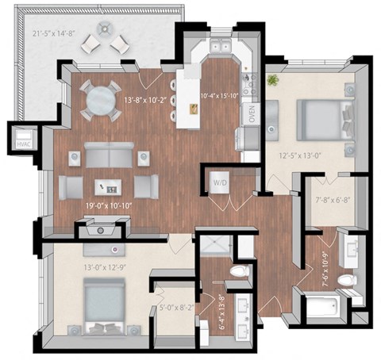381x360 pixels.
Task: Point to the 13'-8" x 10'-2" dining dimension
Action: pyautogui.click(x=144, y=100)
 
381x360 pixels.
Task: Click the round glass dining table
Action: pyautogui.click(x=102, y=101)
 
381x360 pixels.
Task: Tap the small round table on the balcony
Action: pyautogui.click(x=106, y=29)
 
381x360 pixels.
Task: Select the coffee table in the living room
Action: pyautogui.click(x=108, y=187)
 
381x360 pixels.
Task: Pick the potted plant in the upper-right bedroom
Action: pyautogui.click(x=274, y=81)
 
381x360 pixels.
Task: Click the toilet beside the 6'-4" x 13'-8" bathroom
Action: pyautogui.click(x=238, y=272)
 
